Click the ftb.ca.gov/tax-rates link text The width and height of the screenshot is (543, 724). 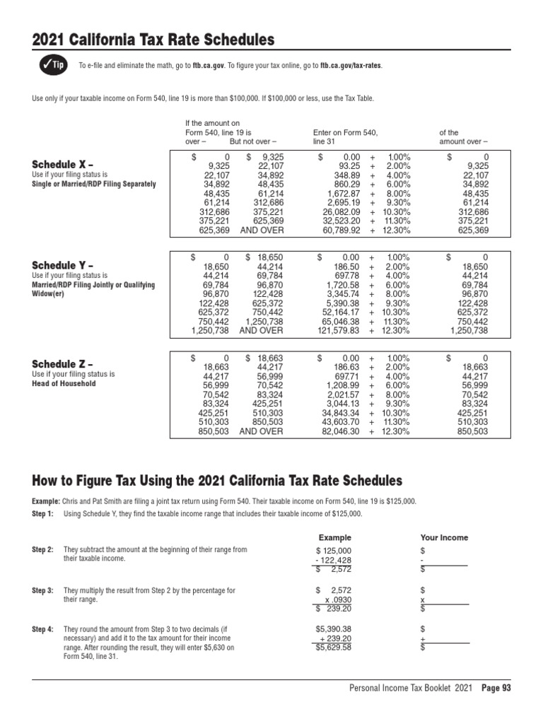tap(351, 66)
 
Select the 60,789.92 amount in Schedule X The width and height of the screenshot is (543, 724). tap(342, 230)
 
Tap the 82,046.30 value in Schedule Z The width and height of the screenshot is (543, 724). tap(342, 431)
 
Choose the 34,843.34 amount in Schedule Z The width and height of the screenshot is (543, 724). tap(342, 412)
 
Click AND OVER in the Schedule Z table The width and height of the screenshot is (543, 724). tap(262, 431)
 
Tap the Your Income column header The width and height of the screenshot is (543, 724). tap(444, 537)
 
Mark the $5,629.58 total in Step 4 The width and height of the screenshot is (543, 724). tap(334, 647)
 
